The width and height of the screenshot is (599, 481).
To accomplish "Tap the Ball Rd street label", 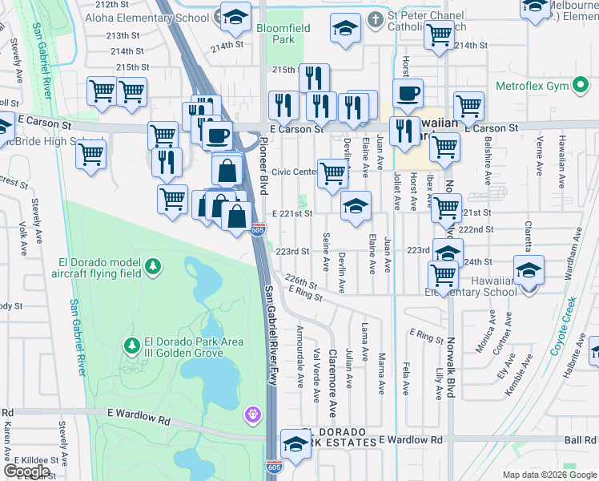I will tap(578, 440).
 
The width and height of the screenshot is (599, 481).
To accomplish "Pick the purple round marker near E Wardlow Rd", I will tap(253, 414).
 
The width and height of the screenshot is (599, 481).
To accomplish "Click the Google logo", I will tap(26, 471).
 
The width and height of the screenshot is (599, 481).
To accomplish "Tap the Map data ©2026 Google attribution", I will tap(549, 475).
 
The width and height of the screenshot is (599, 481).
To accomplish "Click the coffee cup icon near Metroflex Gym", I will tap(408, 92).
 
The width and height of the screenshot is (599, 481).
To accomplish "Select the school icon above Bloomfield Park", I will tap(235, 16).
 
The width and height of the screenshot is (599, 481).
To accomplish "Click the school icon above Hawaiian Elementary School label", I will tap(528, 269).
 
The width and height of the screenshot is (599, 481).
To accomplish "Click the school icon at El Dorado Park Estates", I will tap(295, 443).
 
